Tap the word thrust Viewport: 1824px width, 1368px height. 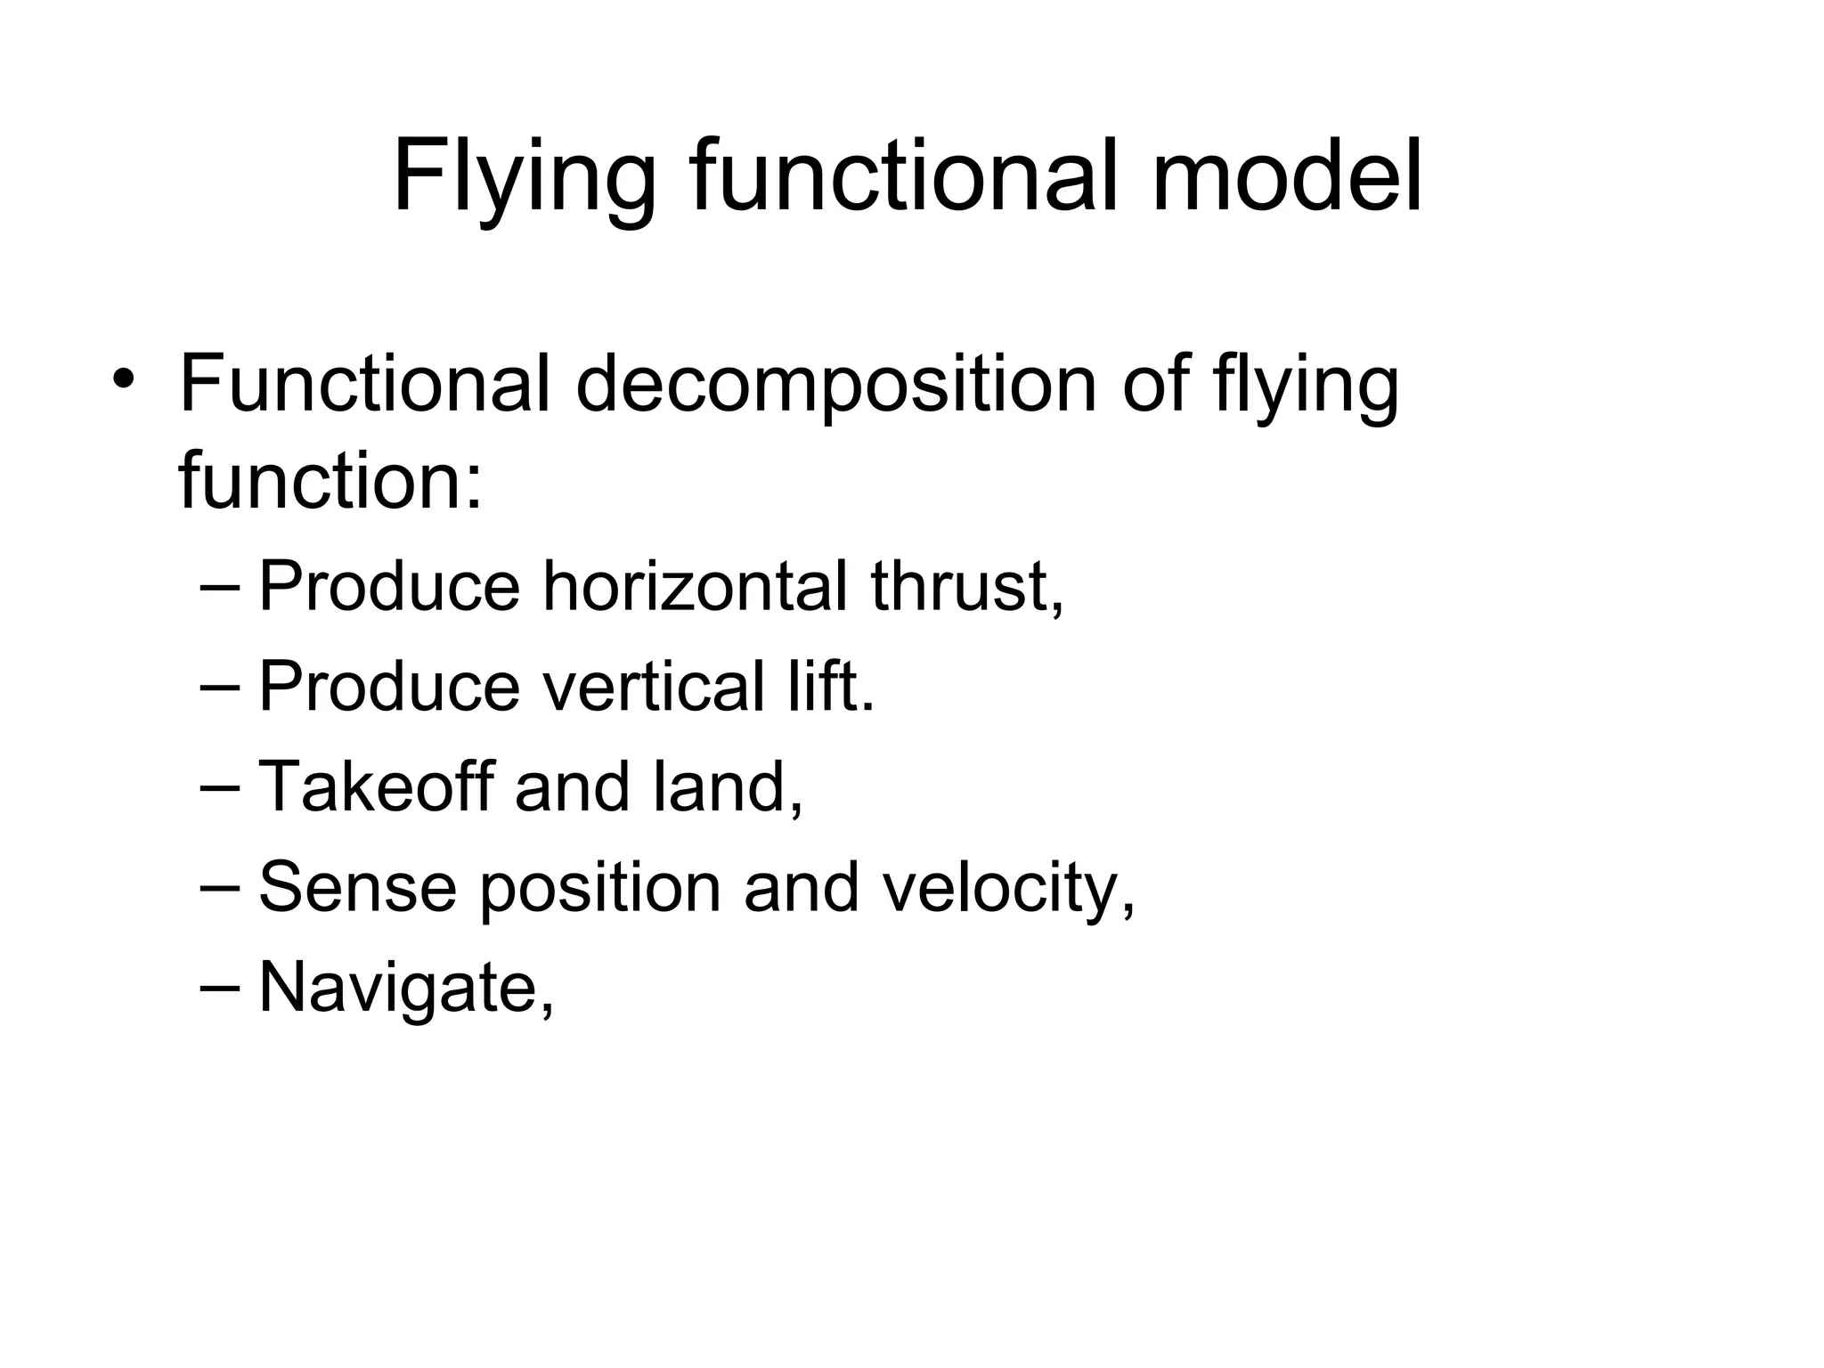966,587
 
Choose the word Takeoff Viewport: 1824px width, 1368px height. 376,786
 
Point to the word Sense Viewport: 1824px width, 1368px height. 357,887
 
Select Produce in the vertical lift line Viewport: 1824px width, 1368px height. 388,687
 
